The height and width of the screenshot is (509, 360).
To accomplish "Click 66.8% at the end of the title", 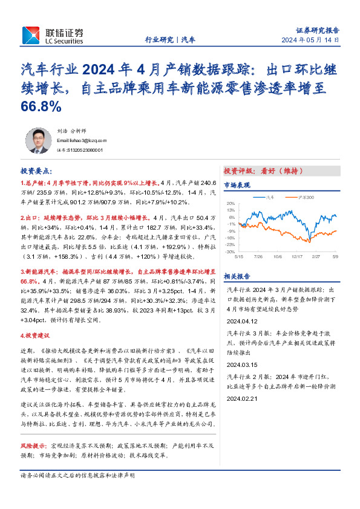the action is point(41,106).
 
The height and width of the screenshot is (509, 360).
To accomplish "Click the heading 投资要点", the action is point(36,172).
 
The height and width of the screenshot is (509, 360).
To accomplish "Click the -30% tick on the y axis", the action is point(232,251).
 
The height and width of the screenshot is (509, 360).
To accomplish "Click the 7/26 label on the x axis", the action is point(260,256).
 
